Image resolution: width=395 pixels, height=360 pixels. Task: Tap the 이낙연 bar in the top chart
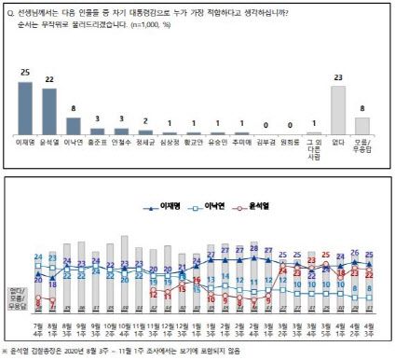coord(72,130)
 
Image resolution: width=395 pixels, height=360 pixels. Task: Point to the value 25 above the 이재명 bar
coord(26,73)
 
